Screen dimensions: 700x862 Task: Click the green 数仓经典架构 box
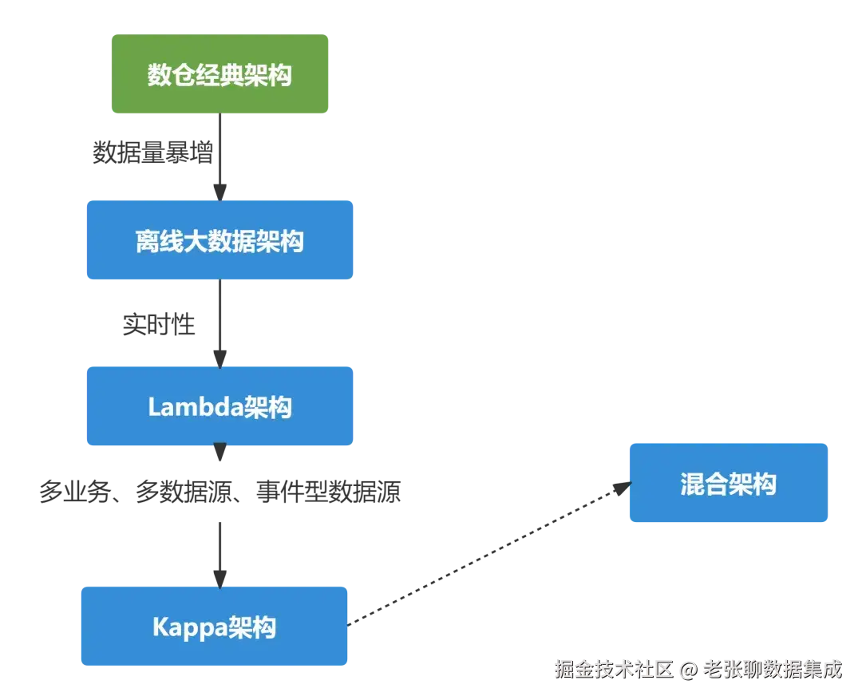(219, 73)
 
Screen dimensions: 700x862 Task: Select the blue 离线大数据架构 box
(219, 240)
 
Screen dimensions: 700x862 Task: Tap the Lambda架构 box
(219, 406)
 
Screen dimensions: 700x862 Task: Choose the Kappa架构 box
(214, 627)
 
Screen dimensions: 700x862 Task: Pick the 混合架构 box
(728, 483)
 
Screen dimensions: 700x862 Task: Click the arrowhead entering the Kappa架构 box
(219, 575)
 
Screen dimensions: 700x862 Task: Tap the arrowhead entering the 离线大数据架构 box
(219, 190)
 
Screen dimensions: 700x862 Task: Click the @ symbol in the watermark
(689, 669)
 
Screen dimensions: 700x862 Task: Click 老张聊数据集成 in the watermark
(772, 669)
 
